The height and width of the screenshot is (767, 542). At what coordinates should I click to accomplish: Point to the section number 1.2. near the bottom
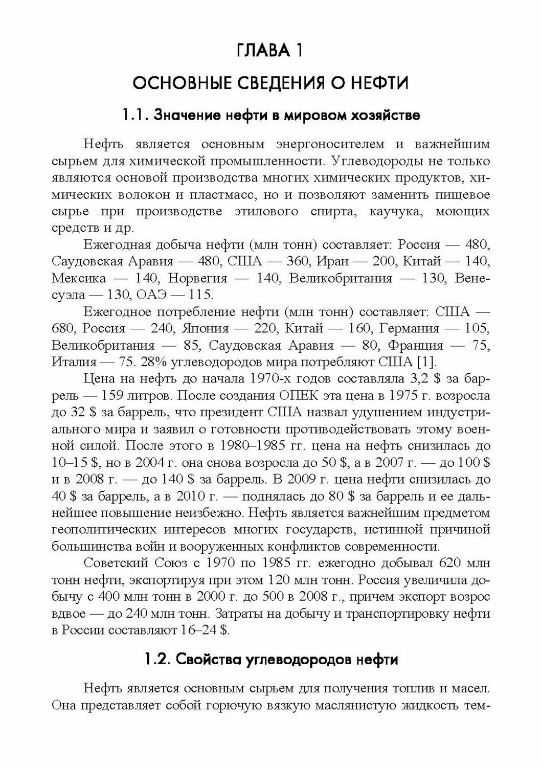pos(157,660)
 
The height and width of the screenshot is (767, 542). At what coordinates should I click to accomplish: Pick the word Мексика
pos(79,278)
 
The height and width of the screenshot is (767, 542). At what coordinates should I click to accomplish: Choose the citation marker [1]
pos(425,362)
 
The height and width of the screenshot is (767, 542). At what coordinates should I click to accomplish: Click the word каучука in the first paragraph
pos(392,211)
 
